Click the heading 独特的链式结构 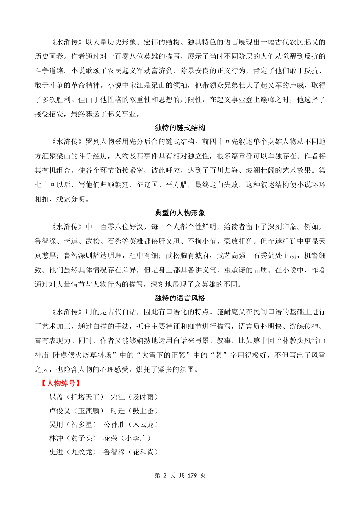[x=180, y=128]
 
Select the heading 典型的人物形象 [x=180, y=213]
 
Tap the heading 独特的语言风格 [x=180, y=298]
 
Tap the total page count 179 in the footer [x=192, y=475]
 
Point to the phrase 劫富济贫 [x=158, y=71]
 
